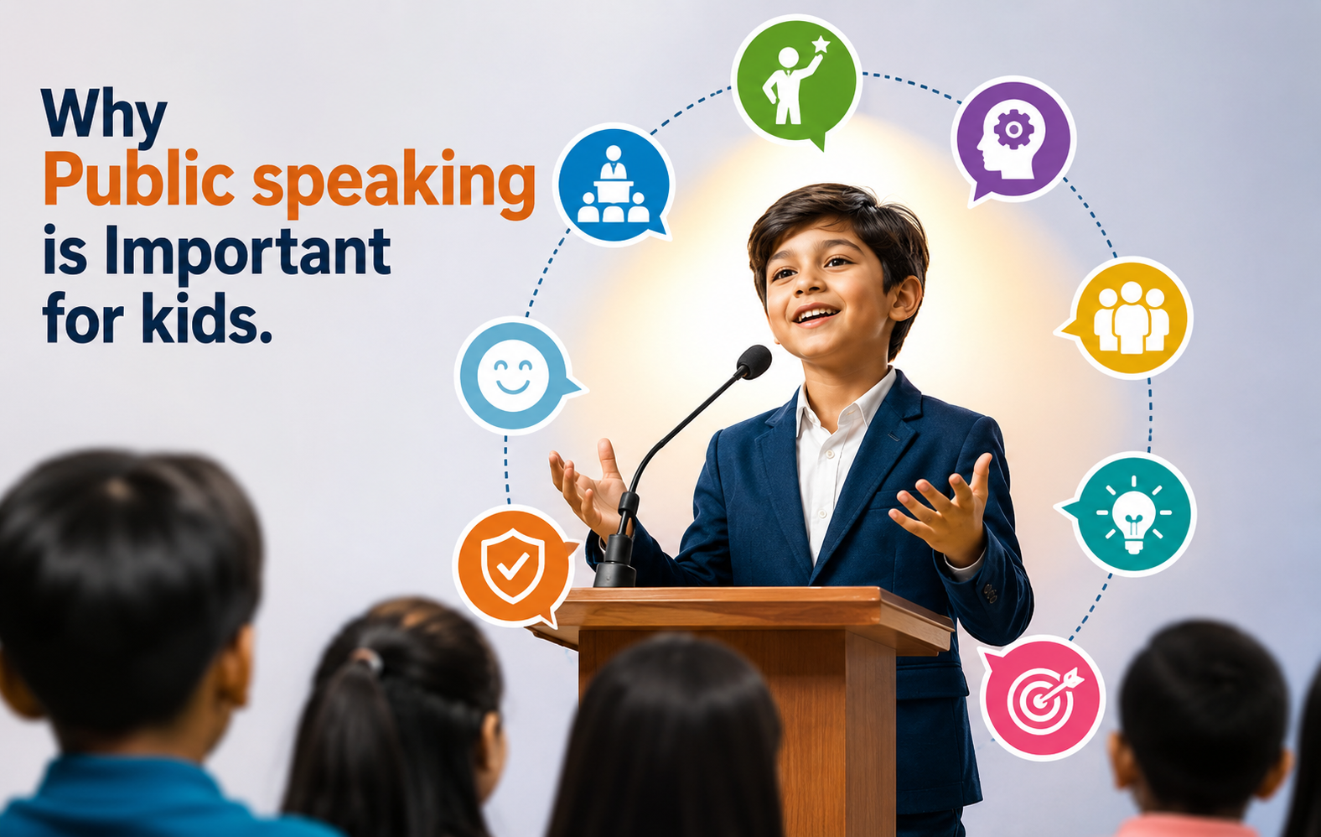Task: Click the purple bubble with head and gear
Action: [x=1013, y=139]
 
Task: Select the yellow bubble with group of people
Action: [x=1127, y=318]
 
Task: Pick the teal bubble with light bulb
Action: [x=1130, y=513]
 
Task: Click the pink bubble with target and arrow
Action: [x=1042, y=699]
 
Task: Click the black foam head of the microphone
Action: [x=754, y=361]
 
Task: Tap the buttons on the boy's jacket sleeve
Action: [x=990, y=593]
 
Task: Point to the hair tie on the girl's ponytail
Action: [x=370, y=660]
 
